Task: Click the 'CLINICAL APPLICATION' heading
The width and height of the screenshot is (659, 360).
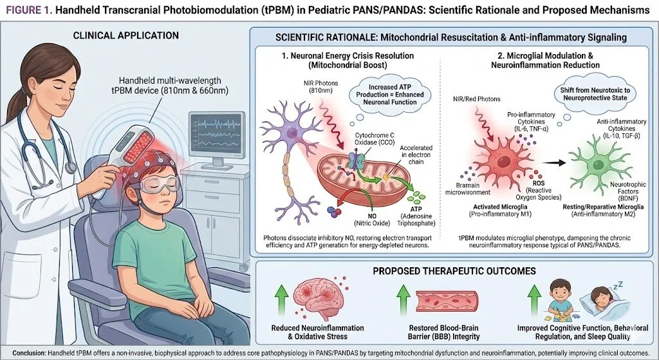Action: tap(125, 35)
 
